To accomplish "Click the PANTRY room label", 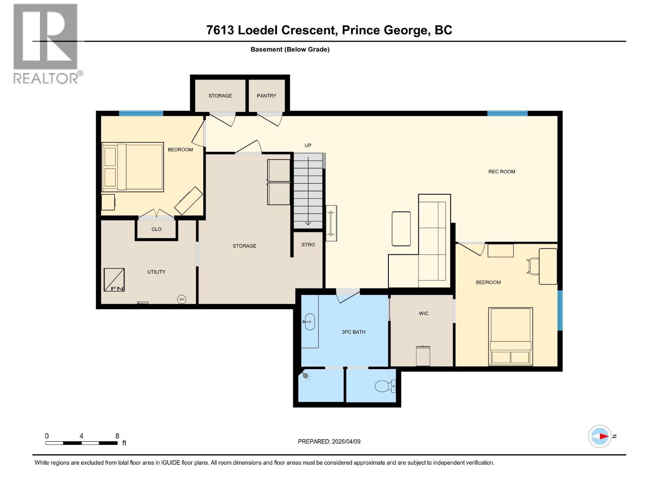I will tap(266, 96).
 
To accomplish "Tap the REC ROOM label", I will tap(502, 172).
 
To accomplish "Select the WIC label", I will tap(423, 313).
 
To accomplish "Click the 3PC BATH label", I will tap(353, 332).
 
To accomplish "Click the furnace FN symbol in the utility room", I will tap(114, 280).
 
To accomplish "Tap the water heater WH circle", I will tap(181, 299).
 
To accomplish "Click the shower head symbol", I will tap(305, 375).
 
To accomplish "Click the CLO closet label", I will tap(156, 229).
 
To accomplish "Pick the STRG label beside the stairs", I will tap(308, 245).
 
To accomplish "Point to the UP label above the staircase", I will tap(308, 146).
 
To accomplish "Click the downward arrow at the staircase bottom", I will tap(308, 223).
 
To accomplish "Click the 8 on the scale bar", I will tap(117, 436).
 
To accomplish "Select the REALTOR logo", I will tap(46, 43).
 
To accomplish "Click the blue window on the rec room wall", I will tap(507, 113).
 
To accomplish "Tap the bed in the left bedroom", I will tap(133, 167).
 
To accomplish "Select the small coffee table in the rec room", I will tap(401, 229).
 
